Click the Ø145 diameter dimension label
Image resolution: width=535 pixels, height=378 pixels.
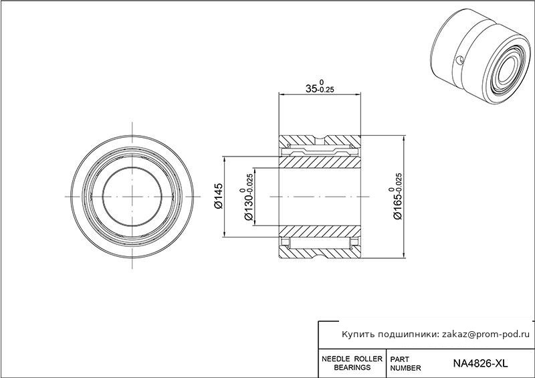(218, 195)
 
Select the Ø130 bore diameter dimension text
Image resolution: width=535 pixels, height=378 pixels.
(248, 203)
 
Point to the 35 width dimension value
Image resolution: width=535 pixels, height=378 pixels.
(311, 89)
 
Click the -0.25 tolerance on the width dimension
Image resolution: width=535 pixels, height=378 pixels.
(326, 90)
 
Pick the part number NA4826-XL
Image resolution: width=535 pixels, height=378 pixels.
(480, 363)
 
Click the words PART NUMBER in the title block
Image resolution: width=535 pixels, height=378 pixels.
(405, 364)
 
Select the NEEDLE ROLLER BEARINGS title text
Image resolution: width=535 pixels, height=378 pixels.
(352, 363)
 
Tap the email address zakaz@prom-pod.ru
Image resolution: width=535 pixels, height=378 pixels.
(486, 335)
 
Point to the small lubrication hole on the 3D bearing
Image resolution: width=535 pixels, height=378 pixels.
(460, 60)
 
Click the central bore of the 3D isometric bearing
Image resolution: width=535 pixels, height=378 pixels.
(508, 69)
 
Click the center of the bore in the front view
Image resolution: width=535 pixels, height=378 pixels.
(132, 197)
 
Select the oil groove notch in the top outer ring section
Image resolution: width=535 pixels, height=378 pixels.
(320, 139)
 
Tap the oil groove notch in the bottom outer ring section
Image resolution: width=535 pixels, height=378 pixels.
(320, 254)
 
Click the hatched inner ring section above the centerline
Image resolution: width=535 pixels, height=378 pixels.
(320, 162)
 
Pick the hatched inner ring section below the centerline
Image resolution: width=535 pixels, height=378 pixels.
(320, 231)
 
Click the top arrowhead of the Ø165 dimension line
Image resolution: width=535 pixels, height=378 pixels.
(405, 139)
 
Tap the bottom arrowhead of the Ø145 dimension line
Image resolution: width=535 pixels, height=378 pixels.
(224, 233)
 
